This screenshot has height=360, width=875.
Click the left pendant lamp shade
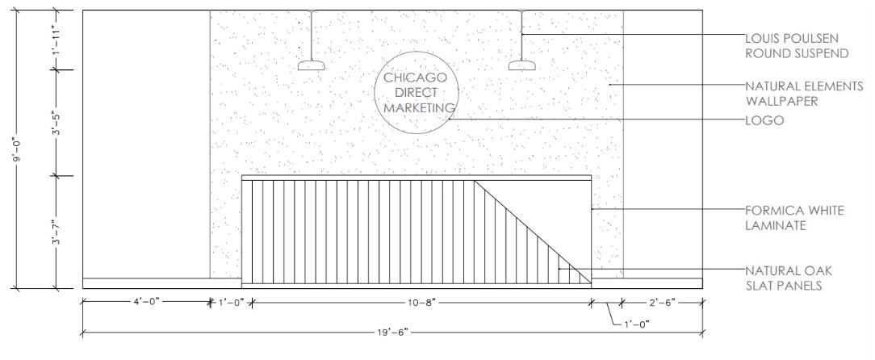tap(311, 67)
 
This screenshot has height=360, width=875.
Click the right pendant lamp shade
tap(522, 67)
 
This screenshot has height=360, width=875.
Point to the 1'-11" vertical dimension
tap(56, 40)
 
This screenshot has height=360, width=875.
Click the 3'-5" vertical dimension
tap(56, 122)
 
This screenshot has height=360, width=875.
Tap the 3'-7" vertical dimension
tap(56, 231)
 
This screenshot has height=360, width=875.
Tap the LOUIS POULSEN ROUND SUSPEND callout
tap(797, 46)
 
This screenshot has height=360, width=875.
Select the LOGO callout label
tap(763, 120)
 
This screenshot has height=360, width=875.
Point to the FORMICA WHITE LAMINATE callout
tap(795, 218)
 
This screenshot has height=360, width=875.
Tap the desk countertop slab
tap(417, 178)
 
